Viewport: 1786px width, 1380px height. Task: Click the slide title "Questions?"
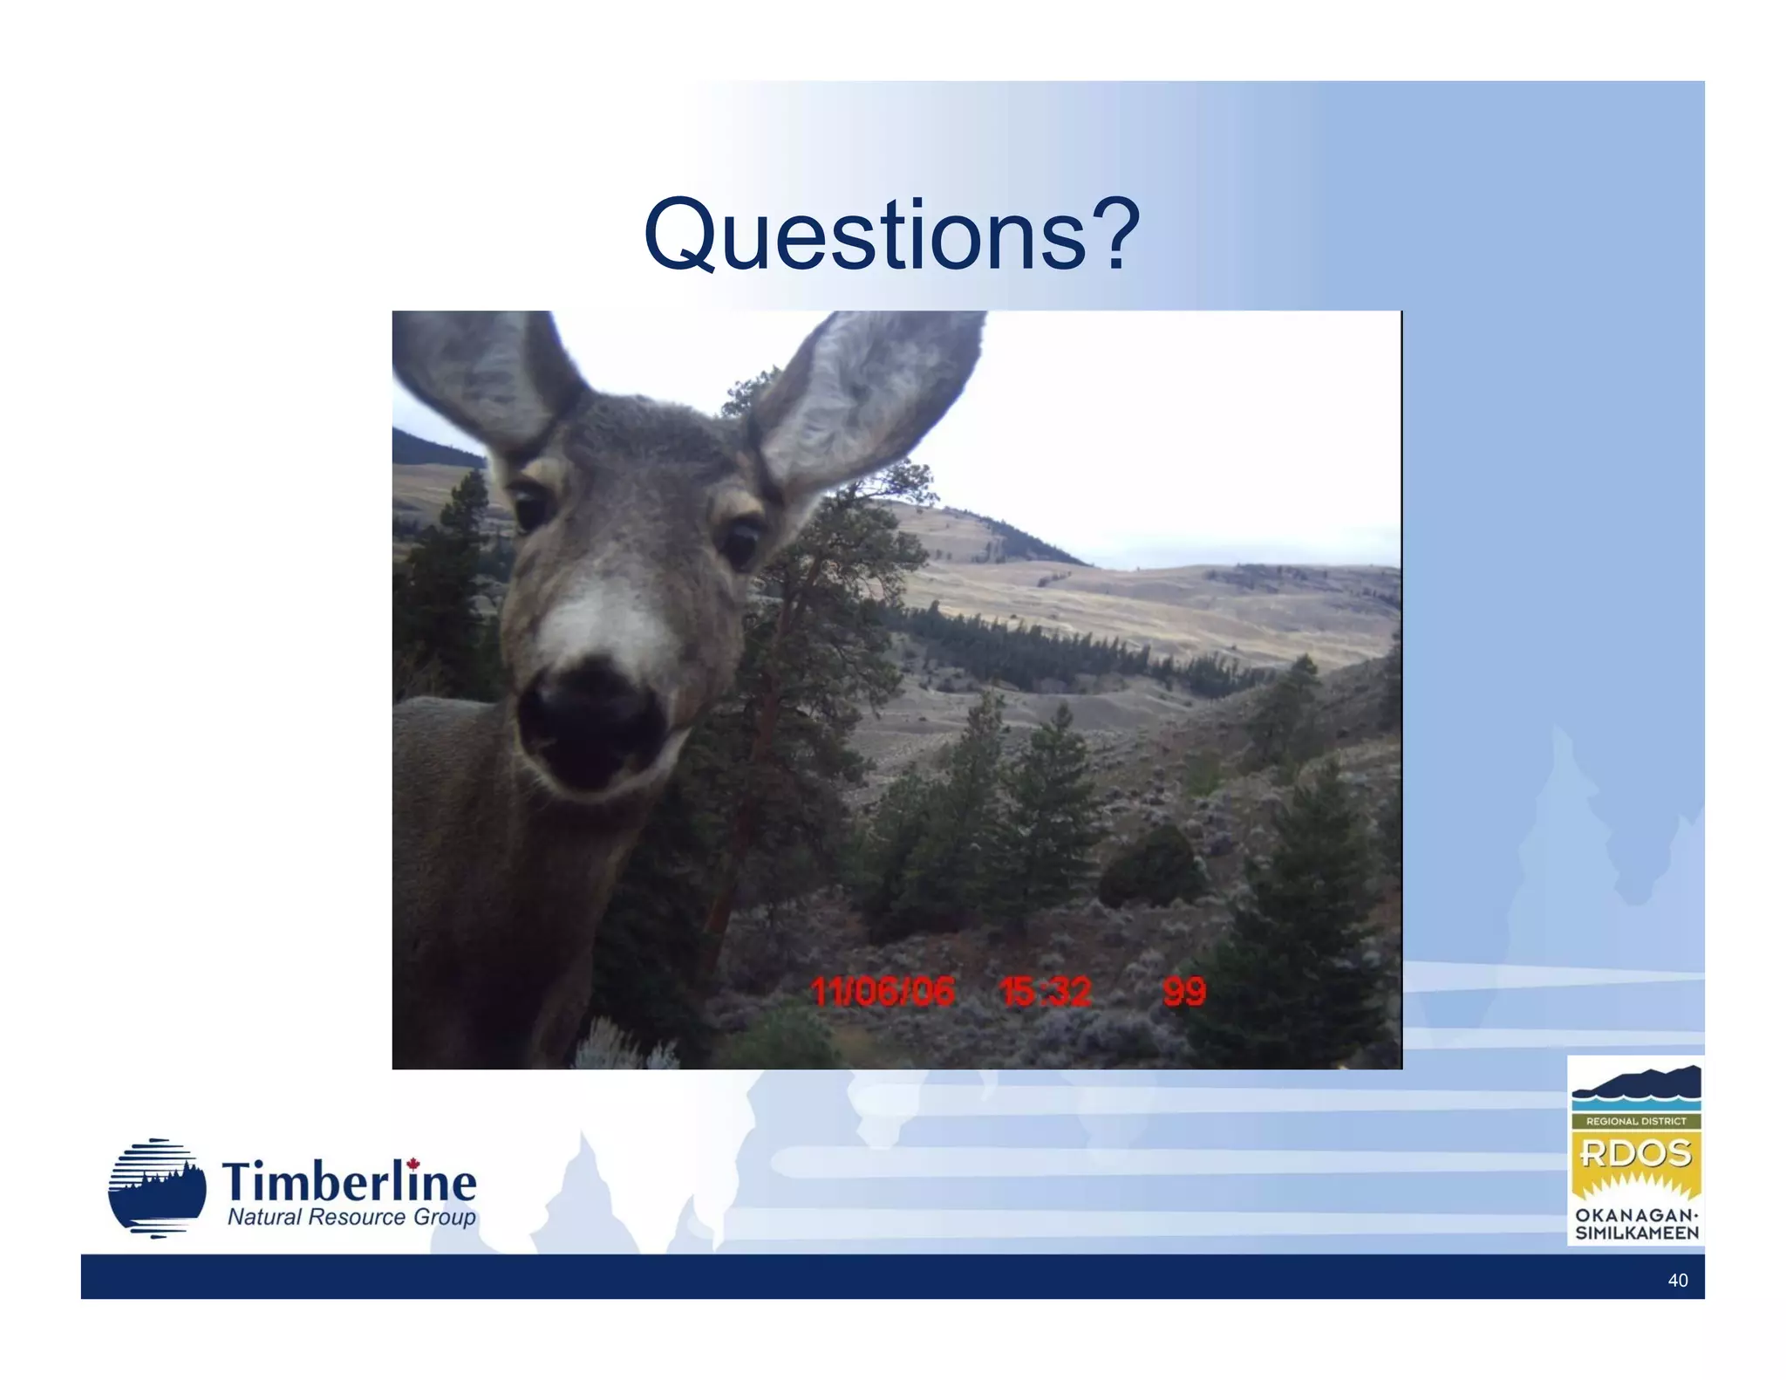tap(891, 234)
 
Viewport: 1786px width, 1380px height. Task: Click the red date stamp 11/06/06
tap(882, 992)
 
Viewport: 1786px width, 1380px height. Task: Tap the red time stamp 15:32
tap(1045, 992)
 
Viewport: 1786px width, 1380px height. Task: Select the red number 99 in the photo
tap(1184, 992)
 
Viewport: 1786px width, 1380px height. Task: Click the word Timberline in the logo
tap(349, 1182)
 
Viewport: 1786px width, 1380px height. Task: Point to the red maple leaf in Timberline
tap(413, 1164)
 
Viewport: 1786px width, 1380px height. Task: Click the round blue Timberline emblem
tap(157, 1187)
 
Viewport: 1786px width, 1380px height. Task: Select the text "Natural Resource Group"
tap(351, 1217)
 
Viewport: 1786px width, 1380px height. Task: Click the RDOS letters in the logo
tap(1635, 1153)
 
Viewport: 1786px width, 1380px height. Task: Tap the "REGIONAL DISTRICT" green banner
tap(1635, 1121)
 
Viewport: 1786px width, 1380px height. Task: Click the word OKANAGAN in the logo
tap(1635, 1215)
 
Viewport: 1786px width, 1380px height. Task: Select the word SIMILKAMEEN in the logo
tap(1636, 1233)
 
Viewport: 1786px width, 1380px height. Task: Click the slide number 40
tap(1677, 1280)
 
